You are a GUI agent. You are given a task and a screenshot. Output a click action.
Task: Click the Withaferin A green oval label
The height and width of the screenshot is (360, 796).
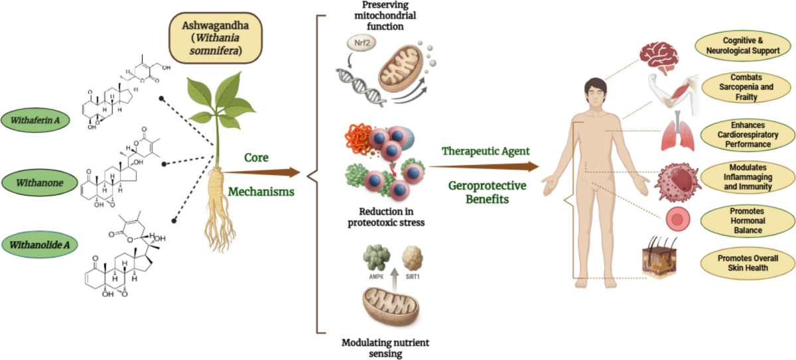click(x=36, y=120)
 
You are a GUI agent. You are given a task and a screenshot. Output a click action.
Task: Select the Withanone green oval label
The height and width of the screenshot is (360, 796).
click(x=39, y=183)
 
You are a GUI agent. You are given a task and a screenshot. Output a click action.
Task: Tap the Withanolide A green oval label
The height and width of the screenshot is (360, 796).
click(x=39, y=245)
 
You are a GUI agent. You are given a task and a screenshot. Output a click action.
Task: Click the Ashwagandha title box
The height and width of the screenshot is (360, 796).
click(x=216, y=38)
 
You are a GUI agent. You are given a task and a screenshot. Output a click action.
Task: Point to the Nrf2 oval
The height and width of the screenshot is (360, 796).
click(x=362, y=43)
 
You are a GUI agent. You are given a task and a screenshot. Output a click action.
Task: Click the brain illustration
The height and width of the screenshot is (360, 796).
click(x=659, y=58)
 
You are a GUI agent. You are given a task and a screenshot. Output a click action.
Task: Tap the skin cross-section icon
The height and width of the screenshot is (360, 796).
click(x=659, y=258)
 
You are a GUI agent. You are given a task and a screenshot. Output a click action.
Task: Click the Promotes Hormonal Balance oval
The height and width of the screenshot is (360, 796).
click(x=748, y=221)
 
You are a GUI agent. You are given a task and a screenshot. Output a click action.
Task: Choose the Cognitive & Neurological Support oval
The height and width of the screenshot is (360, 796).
click(x=743, y=46)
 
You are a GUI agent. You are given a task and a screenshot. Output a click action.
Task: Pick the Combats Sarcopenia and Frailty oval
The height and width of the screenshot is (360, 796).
click(x=746, y=87)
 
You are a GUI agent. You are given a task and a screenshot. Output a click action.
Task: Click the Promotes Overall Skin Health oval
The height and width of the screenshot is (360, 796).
click(x=748, y=263)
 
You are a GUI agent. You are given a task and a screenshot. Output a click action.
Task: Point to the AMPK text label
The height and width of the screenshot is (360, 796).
click(x=376, y=276)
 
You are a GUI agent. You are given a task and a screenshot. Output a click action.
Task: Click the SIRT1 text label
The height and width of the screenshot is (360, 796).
click(x=413, y=276)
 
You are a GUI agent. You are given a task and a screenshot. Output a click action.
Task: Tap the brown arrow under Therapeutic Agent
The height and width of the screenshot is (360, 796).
click(x=484, y=166)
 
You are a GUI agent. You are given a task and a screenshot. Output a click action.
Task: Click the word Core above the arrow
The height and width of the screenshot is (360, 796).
click(x=256, y=158)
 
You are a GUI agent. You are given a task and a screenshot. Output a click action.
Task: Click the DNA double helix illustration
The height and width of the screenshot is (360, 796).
click(x=361, y=87)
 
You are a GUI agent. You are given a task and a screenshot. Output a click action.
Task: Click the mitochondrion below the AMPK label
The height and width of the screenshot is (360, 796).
click(x=391, y=306)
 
